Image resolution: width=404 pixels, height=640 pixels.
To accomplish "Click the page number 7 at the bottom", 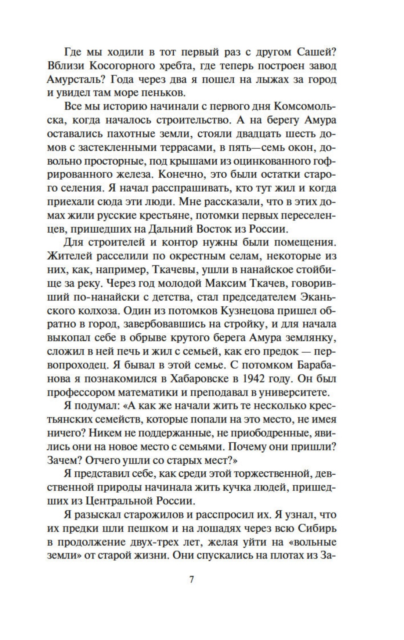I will (191, 580).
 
